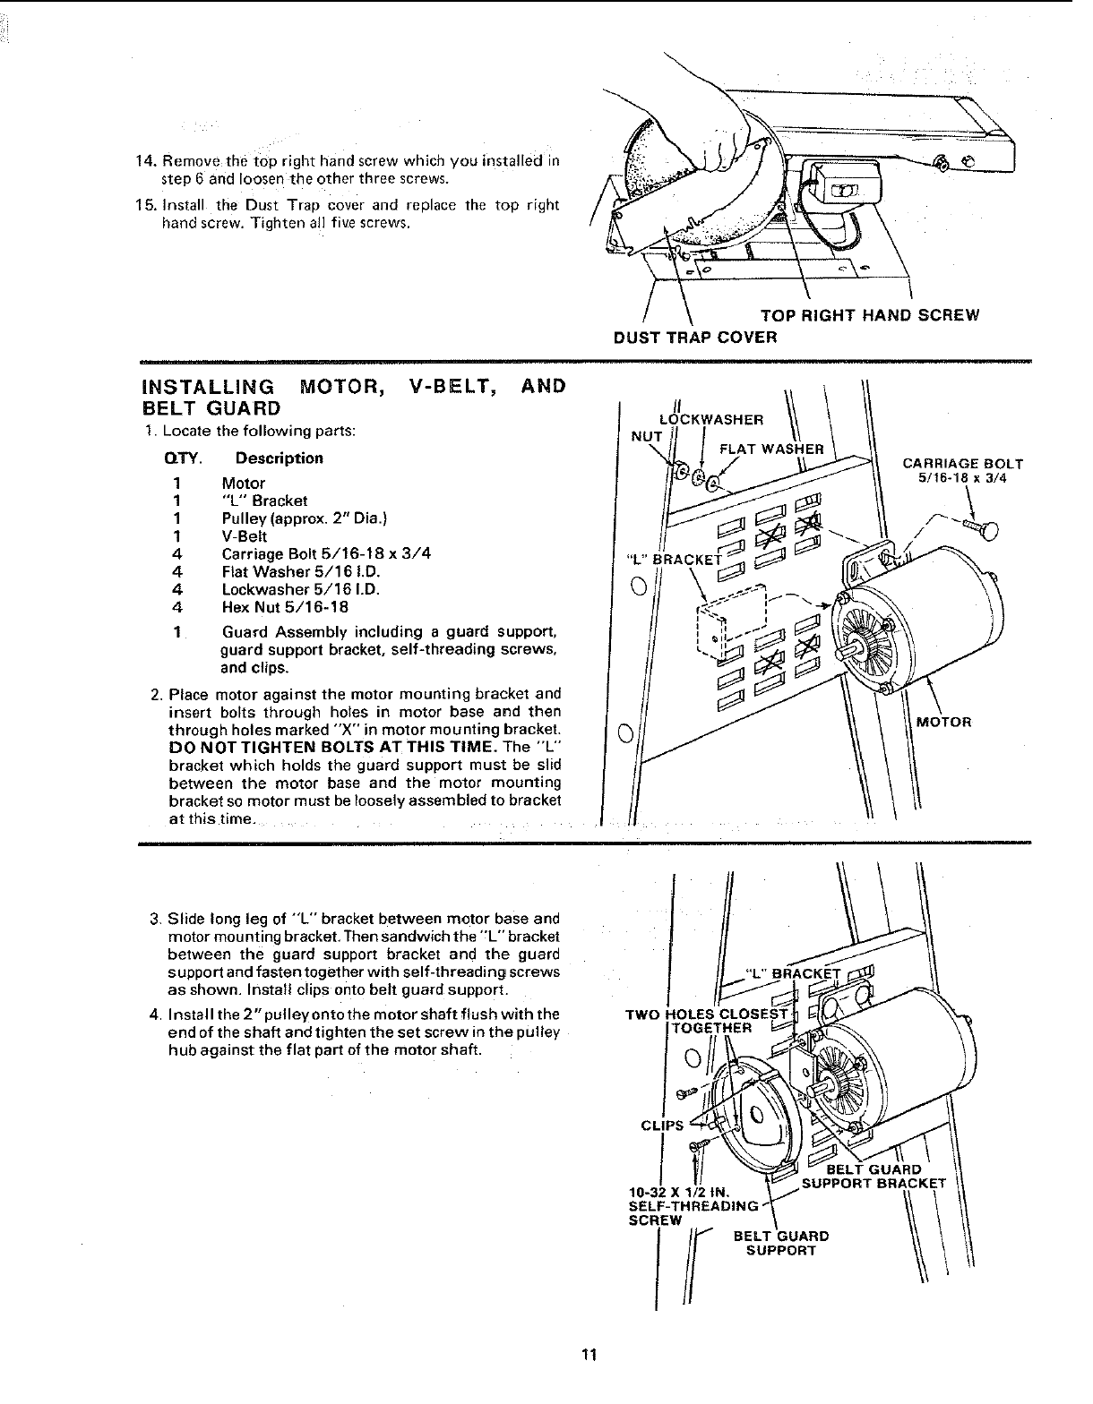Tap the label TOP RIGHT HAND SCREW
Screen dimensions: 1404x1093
pos(869,315)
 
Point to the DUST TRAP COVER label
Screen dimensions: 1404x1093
pos(695,338)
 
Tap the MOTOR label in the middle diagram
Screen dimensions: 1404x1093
pos(943,722)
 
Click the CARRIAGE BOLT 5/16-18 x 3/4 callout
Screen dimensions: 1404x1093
pos(962,471)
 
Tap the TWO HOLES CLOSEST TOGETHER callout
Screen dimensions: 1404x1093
pos(708,1021)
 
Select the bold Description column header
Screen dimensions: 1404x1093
pos(272,458)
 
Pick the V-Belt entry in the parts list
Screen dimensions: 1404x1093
pos(245,536)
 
